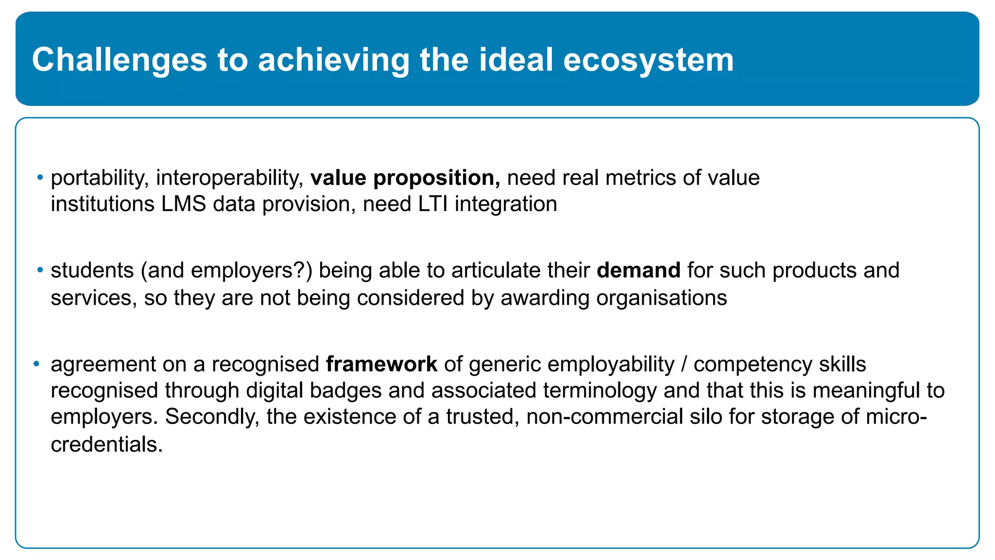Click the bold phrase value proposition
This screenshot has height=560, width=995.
click(x=405, y=178)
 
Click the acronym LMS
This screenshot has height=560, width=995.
click(x=184, y=204)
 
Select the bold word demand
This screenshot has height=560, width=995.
click(x=638, y=270)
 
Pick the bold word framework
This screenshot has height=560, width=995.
click(x=381, y=365)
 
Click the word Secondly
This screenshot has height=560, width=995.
click(x=212, y=417)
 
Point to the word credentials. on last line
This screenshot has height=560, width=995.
click(x=106, y=444)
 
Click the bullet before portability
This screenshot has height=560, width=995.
click(x=40, y=177)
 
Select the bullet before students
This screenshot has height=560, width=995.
click(x=40, y=269)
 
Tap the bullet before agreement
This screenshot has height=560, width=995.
click(x=36, y=364)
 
